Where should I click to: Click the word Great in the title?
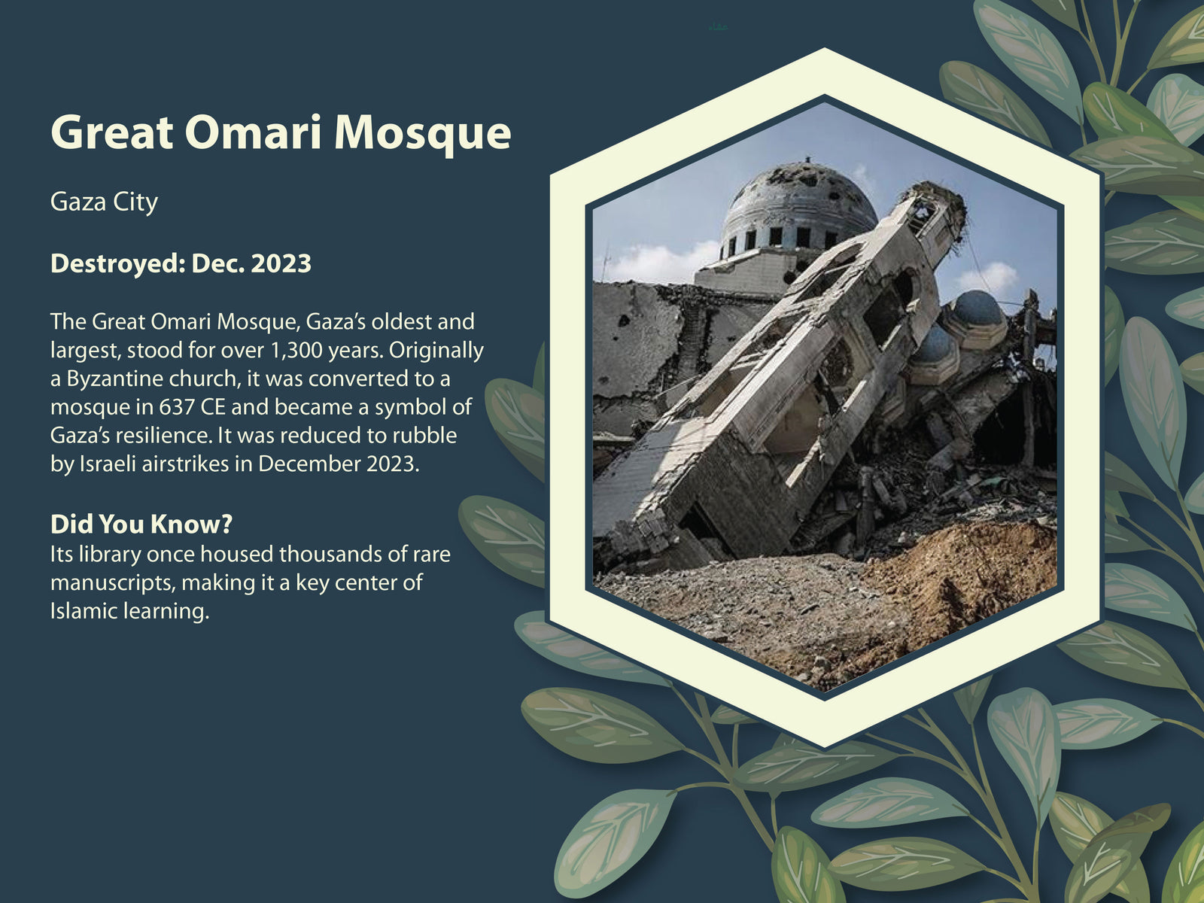pos(112,132)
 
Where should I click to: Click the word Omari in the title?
pos(253,132)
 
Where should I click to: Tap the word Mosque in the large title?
pos(422,135)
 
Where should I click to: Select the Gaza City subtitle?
pos(104,202)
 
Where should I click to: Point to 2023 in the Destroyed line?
pos(281,263)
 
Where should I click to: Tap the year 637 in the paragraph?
pos(177,407)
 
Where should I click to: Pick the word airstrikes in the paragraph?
pos(185,464)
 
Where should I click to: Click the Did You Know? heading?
pos(141,524)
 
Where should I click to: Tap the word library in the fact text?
pos(110,555)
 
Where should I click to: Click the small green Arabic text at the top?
pos(718,26)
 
